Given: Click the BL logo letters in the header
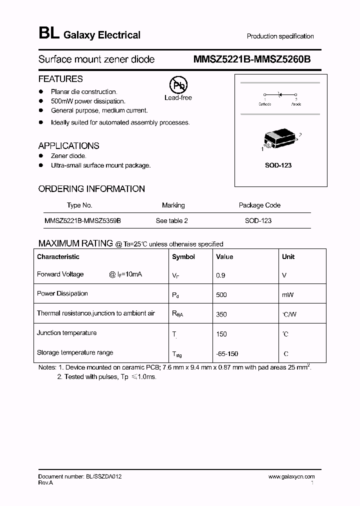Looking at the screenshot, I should (48, 34).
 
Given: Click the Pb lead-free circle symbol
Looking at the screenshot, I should (177, 85).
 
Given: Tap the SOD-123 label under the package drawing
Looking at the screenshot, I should (278, 165).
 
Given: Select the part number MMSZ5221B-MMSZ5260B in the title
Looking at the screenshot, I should (251, 59).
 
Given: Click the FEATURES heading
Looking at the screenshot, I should (60, 79).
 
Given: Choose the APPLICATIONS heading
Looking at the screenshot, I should (68, 146).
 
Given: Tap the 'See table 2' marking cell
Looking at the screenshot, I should (171, 220).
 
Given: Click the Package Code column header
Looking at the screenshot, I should (259, 205).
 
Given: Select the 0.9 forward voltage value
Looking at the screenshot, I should (220, 275).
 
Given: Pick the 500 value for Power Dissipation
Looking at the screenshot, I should (221, 295).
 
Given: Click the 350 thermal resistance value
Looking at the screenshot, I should (221, 314).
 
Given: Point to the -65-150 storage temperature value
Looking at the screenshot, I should (226, 354).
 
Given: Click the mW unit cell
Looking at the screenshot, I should (287, 295).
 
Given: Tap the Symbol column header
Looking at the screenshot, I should (183, 256).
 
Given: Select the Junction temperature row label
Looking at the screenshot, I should (66, 333).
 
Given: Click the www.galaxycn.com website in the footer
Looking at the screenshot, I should (291, 477).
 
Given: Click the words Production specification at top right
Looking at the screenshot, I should (280, 36).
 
